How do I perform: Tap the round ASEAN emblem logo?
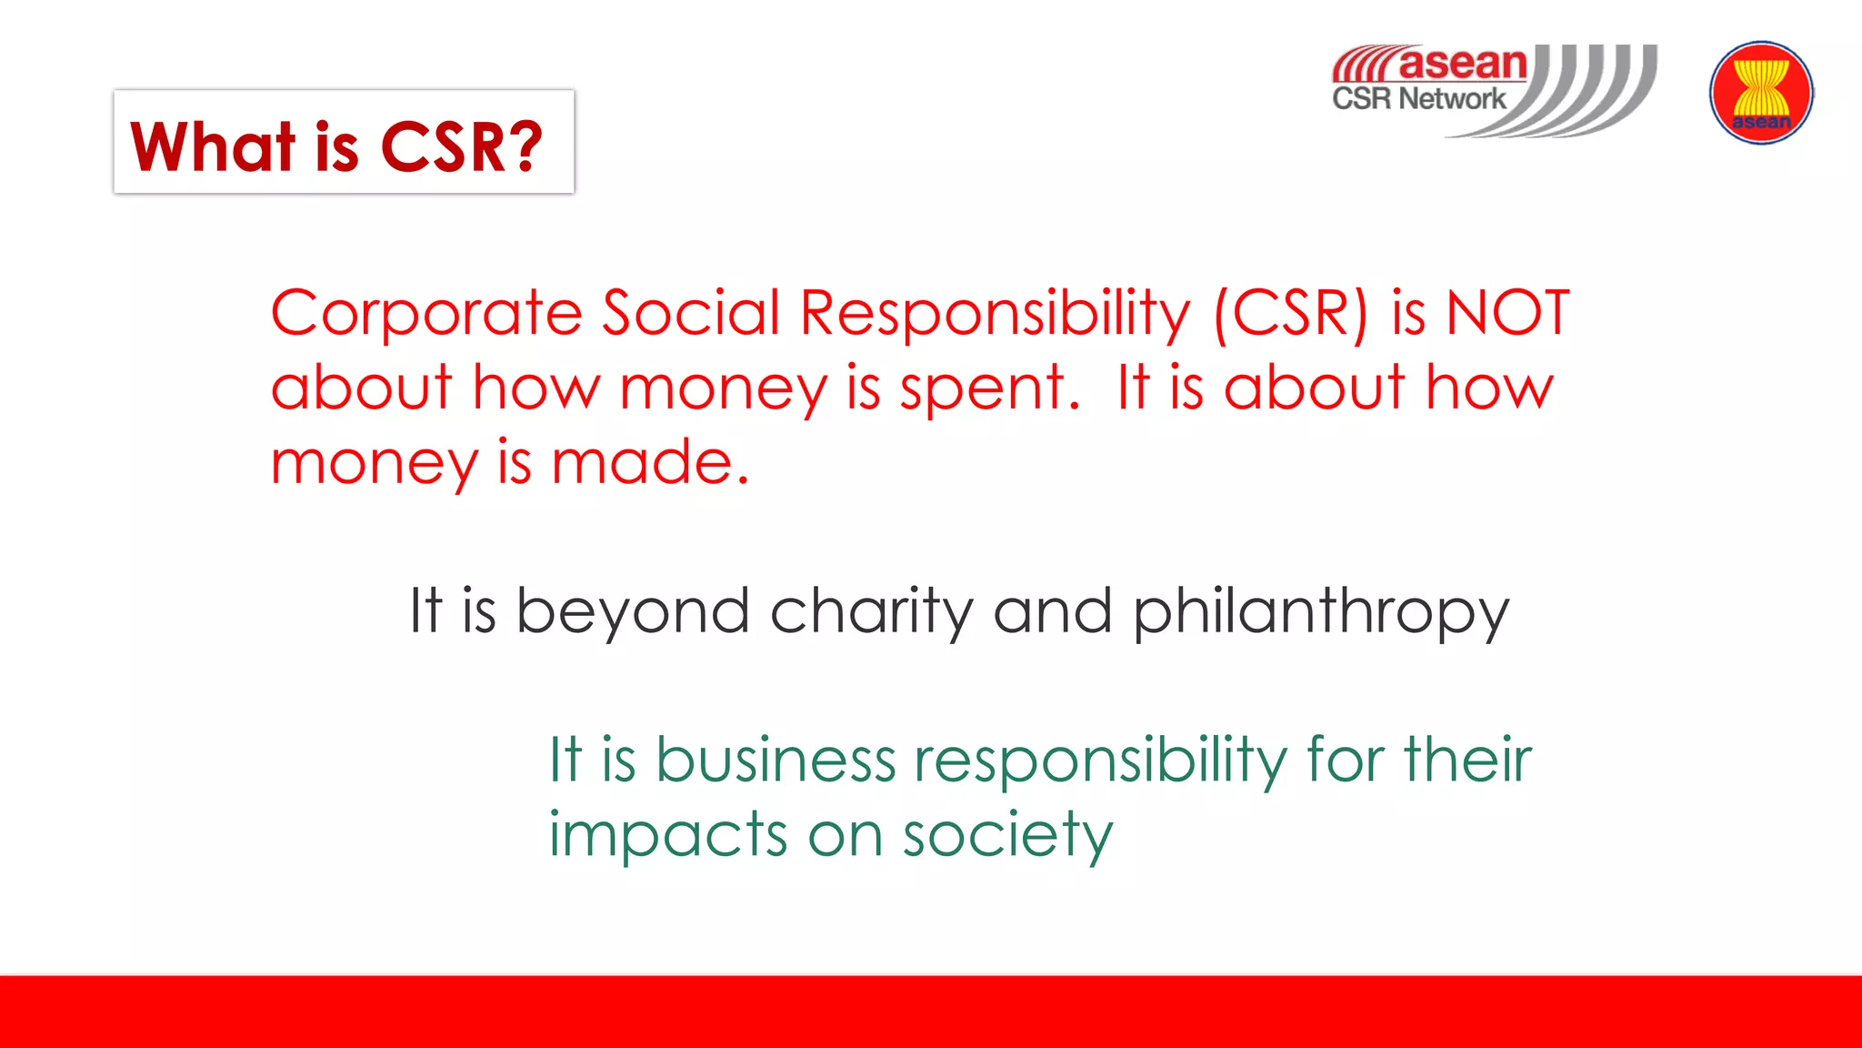(x=1761, y=93)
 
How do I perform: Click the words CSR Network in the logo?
(x=1418, y=98)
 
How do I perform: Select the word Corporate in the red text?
(x=425, y=314)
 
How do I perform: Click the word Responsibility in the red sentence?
(x=995, y=314)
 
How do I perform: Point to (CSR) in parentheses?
(x=1291, y=314)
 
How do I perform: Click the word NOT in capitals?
(x=1507, y=314)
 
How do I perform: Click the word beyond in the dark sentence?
(x=633, y=611)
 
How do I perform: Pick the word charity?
(x=871, y=611)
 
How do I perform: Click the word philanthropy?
(x=1320, y=611)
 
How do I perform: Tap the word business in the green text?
(x=776, y=760)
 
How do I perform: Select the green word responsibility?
(x=1100, y=760)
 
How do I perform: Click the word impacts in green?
(x=667, y=835)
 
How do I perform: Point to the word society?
(x=1007, y=835)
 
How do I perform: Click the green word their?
(x=1467, y=760)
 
